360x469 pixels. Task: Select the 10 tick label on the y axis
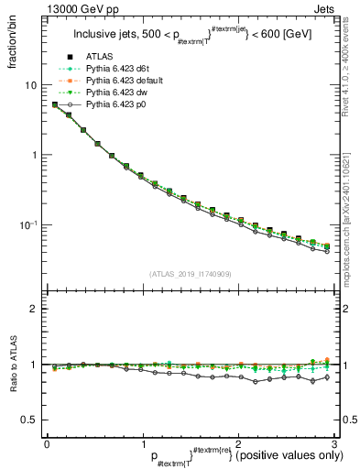(30, 85)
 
